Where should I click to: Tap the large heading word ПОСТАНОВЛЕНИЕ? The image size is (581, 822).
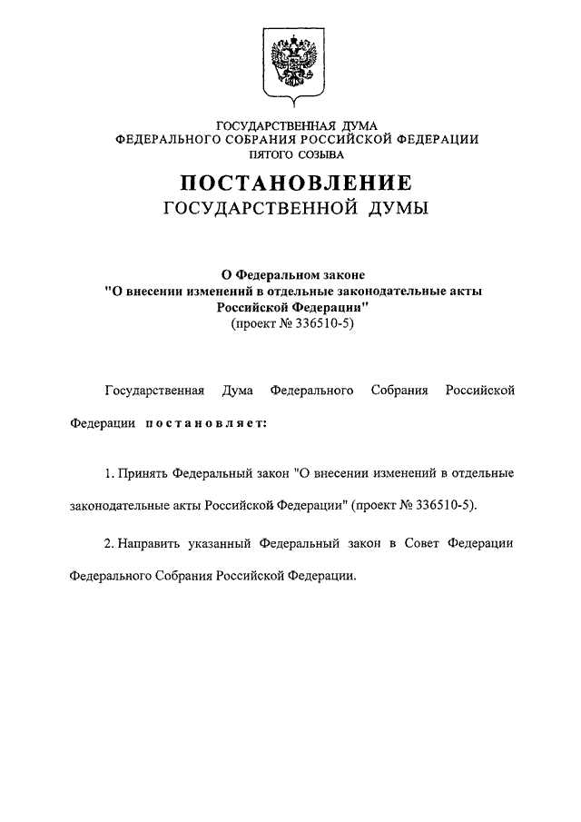tap(290, 182)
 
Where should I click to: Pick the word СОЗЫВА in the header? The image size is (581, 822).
tap(320, 154)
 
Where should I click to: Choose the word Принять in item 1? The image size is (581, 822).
tap(139, 473)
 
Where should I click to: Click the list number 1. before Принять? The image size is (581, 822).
tap(109, 473)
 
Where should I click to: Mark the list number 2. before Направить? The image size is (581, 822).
tap(109, 541)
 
